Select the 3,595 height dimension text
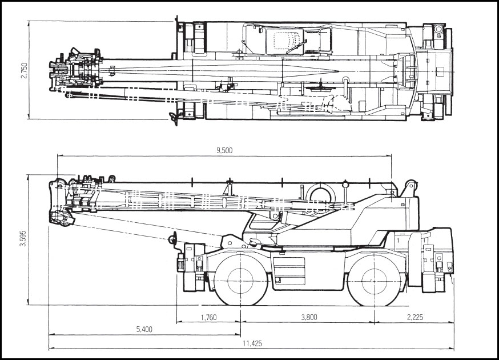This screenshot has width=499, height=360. [x=23, y=239]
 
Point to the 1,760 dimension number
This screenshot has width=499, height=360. [x=209, y=318]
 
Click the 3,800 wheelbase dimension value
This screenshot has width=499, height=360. [x=307, y=318]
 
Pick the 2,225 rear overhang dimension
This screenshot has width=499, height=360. [x=415, y=318]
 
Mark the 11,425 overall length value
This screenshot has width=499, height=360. [x=252, y=343]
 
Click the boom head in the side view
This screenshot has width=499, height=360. [x=61, y=203]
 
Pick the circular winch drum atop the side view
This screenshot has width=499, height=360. [x=319, y=194]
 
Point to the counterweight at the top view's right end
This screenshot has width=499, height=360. [x=437, y=71]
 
